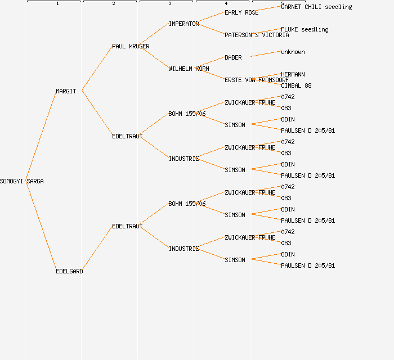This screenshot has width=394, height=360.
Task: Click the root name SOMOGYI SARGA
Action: (22, 181)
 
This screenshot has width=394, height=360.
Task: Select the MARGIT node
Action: (66, 91)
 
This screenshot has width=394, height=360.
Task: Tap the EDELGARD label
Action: (69, 271)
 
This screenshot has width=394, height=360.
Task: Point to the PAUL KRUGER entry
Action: (131, 46)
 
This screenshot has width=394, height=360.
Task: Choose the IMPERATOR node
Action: (183, 24)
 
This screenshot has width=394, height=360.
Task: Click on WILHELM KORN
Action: (189, 69)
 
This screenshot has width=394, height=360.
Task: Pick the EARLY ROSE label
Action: (241, 12)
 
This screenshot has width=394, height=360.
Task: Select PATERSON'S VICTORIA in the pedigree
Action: (257, 35)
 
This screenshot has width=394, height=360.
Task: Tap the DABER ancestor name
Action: (233, 57)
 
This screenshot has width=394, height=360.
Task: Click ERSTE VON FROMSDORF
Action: (257, 80)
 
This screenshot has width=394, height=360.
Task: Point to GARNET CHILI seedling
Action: (316, 7)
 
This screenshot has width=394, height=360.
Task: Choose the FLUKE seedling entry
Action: (305, 29)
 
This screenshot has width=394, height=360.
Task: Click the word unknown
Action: (293, 52)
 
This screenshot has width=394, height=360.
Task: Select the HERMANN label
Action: (293, 74)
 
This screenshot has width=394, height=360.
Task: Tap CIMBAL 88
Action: (296, 85)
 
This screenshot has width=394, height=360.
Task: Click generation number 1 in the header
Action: (57, 4)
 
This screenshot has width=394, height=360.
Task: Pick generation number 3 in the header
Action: (170, 4)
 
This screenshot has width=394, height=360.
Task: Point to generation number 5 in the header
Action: (283, 4)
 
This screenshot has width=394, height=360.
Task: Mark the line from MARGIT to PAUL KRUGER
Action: (97, 69)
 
